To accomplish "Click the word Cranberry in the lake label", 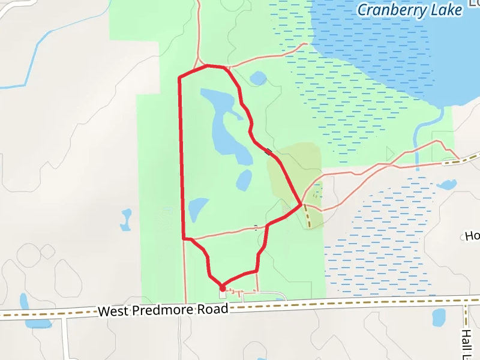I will coord(392,10).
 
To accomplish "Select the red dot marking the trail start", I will coord(223,287).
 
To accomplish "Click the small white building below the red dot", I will coord(223,294).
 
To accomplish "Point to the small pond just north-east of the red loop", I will coord(258,78).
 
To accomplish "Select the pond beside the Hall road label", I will coord(439,316).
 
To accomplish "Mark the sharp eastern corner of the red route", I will coord(300,205).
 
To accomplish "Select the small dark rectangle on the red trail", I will coord(268,152).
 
